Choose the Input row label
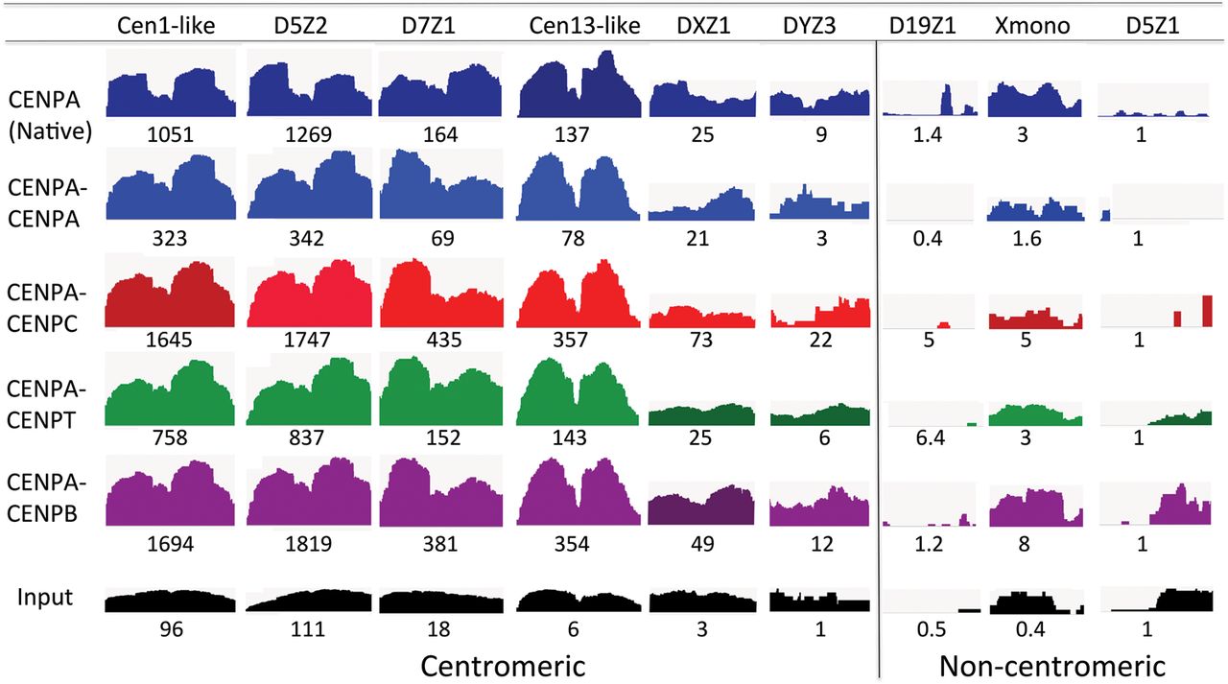coord(45,597)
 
